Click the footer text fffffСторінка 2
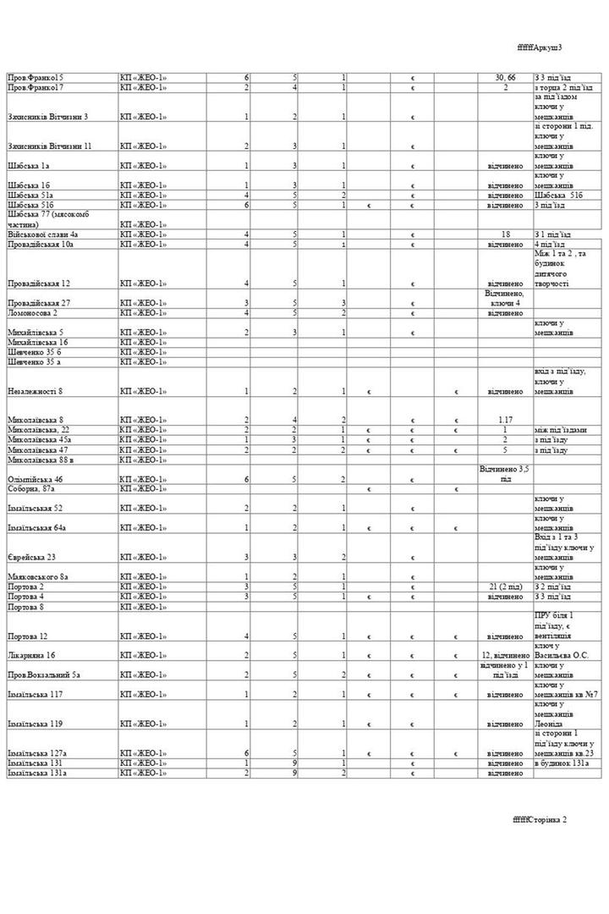(x=539, y=819)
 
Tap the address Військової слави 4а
(x=43, y=234)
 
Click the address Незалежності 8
(x=35, y=392)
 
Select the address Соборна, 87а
(x=31, y=489)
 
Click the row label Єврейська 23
(x=32, y=557)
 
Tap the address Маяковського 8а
(x=38, y=576)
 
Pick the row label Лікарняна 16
(x=32, y=655)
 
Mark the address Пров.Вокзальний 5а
(x=44, y=674)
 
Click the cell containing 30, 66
(x=505, y=77)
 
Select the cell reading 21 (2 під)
(x=505, y=586)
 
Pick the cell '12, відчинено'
(x=505, y=655)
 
